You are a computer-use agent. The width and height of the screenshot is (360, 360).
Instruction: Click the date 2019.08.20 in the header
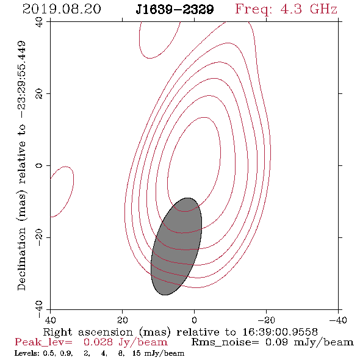[62, 9]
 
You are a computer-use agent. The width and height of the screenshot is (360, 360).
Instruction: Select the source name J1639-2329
[175, 10]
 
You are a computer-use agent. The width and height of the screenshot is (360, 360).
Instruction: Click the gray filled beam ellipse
[176, 247]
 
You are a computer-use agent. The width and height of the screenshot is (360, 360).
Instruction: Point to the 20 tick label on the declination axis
[39, 94]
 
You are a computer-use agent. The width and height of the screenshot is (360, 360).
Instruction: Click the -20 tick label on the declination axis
[39, 237]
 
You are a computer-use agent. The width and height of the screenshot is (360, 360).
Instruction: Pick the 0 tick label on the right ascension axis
[194, 320]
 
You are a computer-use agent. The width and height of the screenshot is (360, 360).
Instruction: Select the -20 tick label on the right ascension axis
[266, 320]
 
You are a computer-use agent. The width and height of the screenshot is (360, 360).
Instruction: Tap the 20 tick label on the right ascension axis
[122, 320]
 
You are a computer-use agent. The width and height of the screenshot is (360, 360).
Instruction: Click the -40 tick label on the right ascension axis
[338, 320]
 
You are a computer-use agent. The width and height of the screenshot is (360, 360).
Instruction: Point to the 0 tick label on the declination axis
[39, 165]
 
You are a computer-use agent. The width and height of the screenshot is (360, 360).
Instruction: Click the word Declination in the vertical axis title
[21, 259]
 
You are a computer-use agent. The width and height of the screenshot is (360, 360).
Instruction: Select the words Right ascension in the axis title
[88, 332]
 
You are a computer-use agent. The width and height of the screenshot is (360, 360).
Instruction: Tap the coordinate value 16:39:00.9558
[280, 332]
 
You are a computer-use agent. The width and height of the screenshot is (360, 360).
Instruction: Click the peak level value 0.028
[98, 342]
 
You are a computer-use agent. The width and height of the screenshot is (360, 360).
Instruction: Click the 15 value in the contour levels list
[137, 353]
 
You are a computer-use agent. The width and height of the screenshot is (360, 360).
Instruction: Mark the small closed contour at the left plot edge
[62, 192]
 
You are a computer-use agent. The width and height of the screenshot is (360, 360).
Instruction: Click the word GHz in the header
[323, 9]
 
